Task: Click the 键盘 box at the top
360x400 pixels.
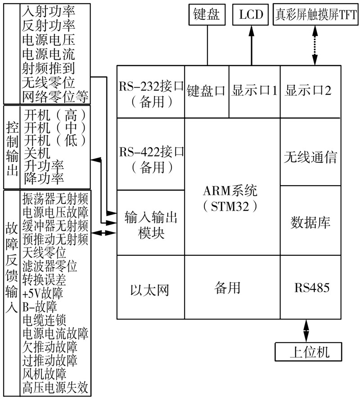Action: coord(207,15)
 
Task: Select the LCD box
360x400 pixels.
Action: coord(251,15)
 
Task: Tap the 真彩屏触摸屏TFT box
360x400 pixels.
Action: coord(315,15)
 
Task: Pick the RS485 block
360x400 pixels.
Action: coord(312,288)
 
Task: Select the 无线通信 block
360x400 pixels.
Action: coord(310,157)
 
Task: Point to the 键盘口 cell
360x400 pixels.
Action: coord(207,91)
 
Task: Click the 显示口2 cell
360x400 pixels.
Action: coord(308,91)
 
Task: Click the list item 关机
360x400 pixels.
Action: coord(37,153)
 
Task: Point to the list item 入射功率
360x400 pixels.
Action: coord(48,9)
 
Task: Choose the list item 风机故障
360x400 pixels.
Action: coord(44,374)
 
